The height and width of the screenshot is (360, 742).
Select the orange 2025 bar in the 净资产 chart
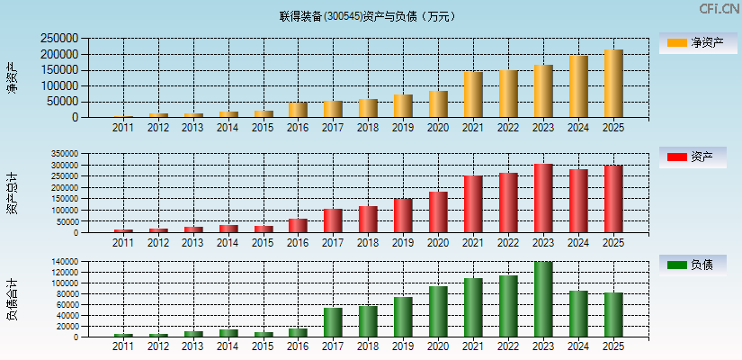(x=613, y=84)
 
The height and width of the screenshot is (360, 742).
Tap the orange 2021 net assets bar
(x=473, y=94)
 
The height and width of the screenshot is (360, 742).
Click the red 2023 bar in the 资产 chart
(x=543, y=198)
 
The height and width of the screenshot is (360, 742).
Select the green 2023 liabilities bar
(x=543, y=300)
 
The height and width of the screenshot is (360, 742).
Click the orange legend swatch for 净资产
(x=676, y=43)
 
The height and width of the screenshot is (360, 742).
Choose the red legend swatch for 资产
(x=676, y=157)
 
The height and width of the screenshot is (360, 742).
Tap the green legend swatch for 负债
(x=676, y=265)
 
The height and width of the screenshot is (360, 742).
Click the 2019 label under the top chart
(x=403, y=128)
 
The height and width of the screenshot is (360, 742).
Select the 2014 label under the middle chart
(x=228, y=243)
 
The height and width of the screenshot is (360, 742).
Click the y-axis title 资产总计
(x=12, y=193)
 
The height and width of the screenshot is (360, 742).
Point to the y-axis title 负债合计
(x=12, y=300)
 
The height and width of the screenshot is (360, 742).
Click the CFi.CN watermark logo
(x=719, y=9)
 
